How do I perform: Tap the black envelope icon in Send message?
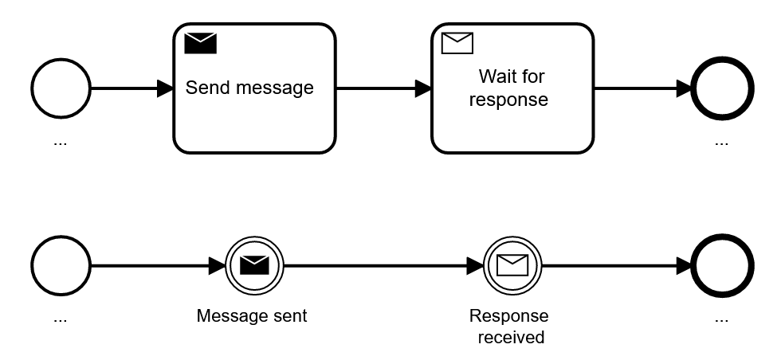tap(200, 43)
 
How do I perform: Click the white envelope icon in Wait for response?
tap(457, 43)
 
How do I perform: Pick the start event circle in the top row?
tap(61, 88)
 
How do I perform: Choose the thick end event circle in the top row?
tap(721, 88)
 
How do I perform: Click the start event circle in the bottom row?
tap(61, 265)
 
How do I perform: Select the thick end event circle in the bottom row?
tap(721, 265)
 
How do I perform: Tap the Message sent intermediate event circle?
tap(254, 265)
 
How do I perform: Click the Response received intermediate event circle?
tap(512, 265)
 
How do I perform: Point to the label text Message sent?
tap(252, 316)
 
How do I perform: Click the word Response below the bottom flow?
tap(508, 316)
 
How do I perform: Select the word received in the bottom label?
tap(511, 338)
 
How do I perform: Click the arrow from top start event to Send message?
tap(131, 88)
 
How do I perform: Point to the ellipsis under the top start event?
tap(61, 143)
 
